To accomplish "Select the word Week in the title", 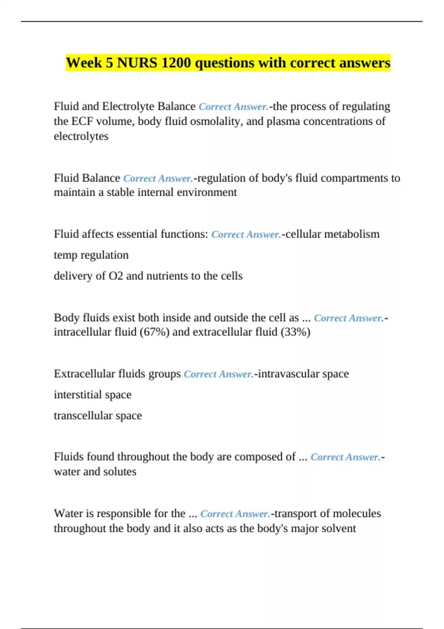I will click(84, 63).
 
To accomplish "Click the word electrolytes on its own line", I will click(81, 136).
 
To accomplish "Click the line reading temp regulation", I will click(91, 255).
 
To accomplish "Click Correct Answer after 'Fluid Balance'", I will click(158, 178).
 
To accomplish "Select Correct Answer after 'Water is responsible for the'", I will click(235, 514).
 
